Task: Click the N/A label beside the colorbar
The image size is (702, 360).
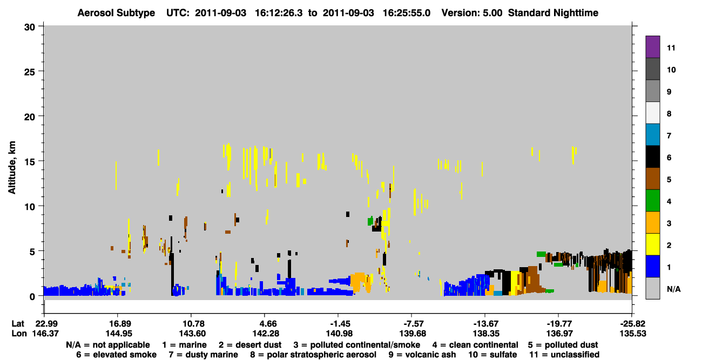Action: point(673,289)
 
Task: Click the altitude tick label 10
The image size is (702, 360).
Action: point(30,207)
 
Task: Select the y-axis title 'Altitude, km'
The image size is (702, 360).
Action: point(11,167)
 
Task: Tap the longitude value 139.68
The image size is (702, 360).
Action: point(413,334)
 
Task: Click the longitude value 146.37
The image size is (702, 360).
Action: point(45,334)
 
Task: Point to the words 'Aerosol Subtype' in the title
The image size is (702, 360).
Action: point(116,13)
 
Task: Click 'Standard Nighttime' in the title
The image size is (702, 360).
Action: point(553,13)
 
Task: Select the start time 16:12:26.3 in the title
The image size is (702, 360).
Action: point(279,13)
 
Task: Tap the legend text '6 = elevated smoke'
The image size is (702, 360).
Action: point(116,355)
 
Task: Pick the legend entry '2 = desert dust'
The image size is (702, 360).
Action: point(250,345)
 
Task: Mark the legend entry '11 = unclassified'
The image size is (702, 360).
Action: point(564,355)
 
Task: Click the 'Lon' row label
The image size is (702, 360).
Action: point(19,334)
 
